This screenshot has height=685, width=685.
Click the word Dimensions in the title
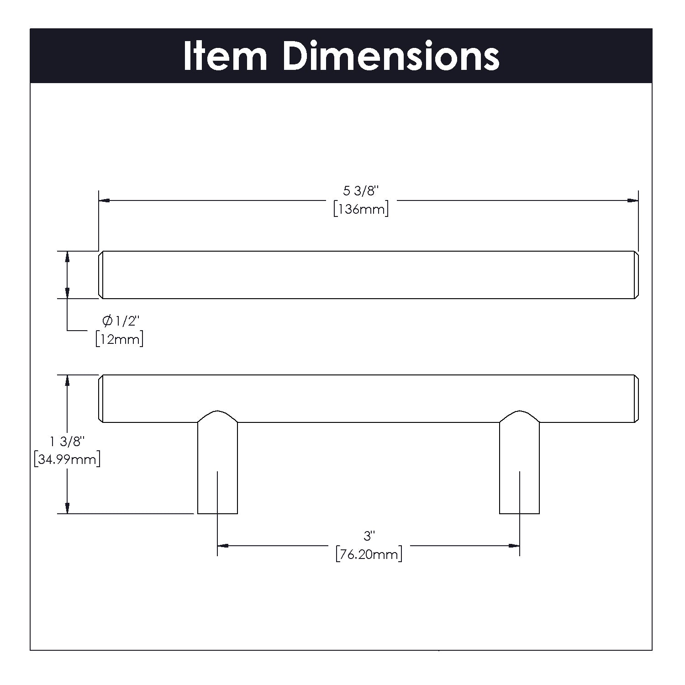click(391, 56)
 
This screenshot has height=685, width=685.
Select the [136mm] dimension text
click(361, 210)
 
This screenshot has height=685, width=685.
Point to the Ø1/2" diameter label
click(120, 321)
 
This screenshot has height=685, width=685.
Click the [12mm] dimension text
click(119, 339)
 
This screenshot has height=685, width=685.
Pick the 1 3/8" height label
click(67, 442)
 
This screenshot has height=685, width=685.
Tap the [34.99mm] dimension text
click(67, 459)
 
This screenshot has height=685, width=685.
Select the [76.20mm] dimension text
click(369, 554)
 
